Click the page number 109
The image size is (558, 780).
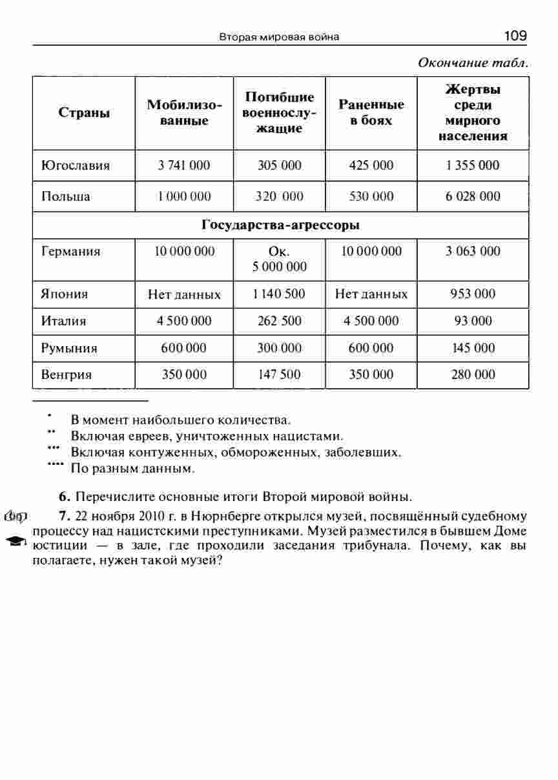tap(515, 36)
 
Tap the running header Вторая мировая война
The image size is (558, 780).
tap(279, 37)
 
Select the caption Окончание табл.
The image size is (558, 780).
tap(473, 63)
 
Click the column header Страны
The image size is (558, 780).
tap(84, 113)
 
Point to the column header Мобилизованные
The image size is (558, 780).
tap(184, 113)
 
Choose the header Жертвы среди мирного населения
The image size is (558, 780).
tap(473, 113)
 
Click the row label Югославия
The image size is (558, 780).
tap(76, 165)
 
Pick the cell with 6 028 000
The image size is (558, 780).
tap(473, 196)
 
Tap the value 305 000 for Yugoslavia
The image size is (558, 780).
tap(280, 165)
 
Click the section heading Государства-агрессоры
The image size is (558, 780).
tap(280, 225)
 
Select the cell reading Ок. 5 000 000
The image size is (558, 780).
tap(280, 259)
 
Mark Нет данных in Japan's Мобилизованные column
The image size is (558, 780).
tap(184, 295)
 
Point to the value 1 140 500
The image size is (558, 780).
tap(280, 294)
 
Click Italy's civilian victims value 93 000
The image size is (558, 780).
tap(473, 321)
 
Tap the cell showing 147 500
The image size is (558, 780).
tap(280, 375)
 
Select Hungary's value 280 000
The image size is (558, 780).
tap(473, 375)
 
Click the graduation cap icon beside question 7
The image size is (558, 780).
tap(16, 540)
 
